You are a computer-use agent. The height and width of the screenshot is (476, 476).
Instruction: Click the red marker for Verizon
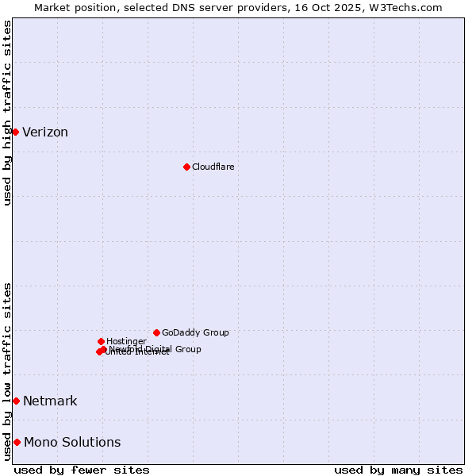click(15, 132)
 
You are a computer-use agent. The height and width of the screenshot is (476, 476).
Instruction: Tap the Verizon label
click(45, 132)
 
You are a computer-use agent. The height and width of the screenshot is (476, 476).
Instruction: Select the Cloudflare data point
click(186, 167)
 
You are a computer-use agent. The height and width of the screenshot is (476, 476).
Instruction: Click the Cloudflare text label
click(213, 167)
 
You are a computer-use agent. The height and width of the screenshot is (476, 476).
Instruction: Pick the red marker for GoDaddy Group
click(156, 332)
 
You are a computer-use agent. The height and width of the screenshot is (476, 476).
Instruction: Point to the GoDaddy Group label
click(195, 332)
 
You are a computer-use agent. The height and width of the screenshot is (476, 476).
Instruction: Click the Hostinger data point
click(101, 341)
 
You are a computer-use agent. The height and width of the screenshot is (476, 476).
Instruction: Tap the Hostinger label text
click(126, 341)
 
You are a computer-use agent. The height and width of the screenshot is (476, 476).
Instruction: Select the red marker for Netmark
click(16, 401)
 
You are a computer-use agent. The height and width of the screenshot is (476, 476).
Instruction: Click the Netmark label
click(50, 401)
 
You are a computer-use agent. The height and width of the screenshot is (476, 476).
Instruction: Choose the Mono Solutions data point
click(17, 442)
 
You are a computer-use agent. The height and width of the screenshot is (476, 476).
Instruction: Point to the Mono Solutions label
click(72, 443)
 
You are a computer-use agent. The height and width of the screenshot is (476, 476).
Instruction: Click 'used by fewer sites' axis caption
click(82, 470)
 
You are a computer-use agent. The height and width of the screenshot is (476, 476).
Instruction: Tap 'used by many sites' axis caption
click(398, 470)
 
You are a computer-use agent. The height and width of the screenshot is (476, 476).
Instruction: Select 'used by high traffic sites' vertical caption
click(7, 113)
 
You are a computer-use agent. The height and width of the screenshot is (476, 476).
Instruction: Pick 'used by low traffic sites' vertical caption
click(7, 371)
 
